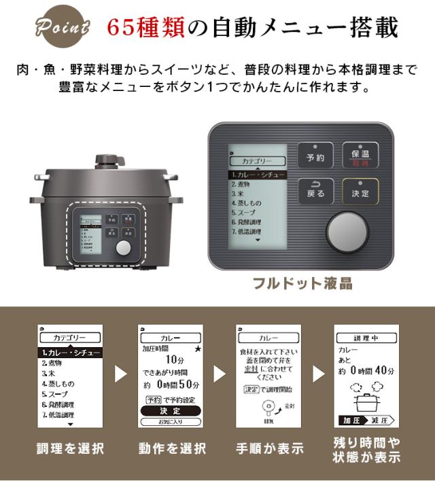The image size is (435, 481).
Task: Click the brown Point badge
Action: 63,28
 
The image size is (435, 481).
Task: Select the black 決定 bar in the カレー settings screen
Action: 171,410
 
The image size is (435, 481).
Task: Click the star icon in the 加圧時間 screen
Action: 198,349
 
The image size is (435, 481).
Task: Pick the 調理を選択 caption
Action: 70,448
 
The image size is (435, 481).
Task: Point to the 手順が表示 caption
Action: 269,448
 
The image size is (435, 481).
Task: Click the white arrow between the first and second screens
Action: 120,374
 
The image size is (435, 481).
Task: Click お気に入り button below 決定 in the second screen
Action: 171,421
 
